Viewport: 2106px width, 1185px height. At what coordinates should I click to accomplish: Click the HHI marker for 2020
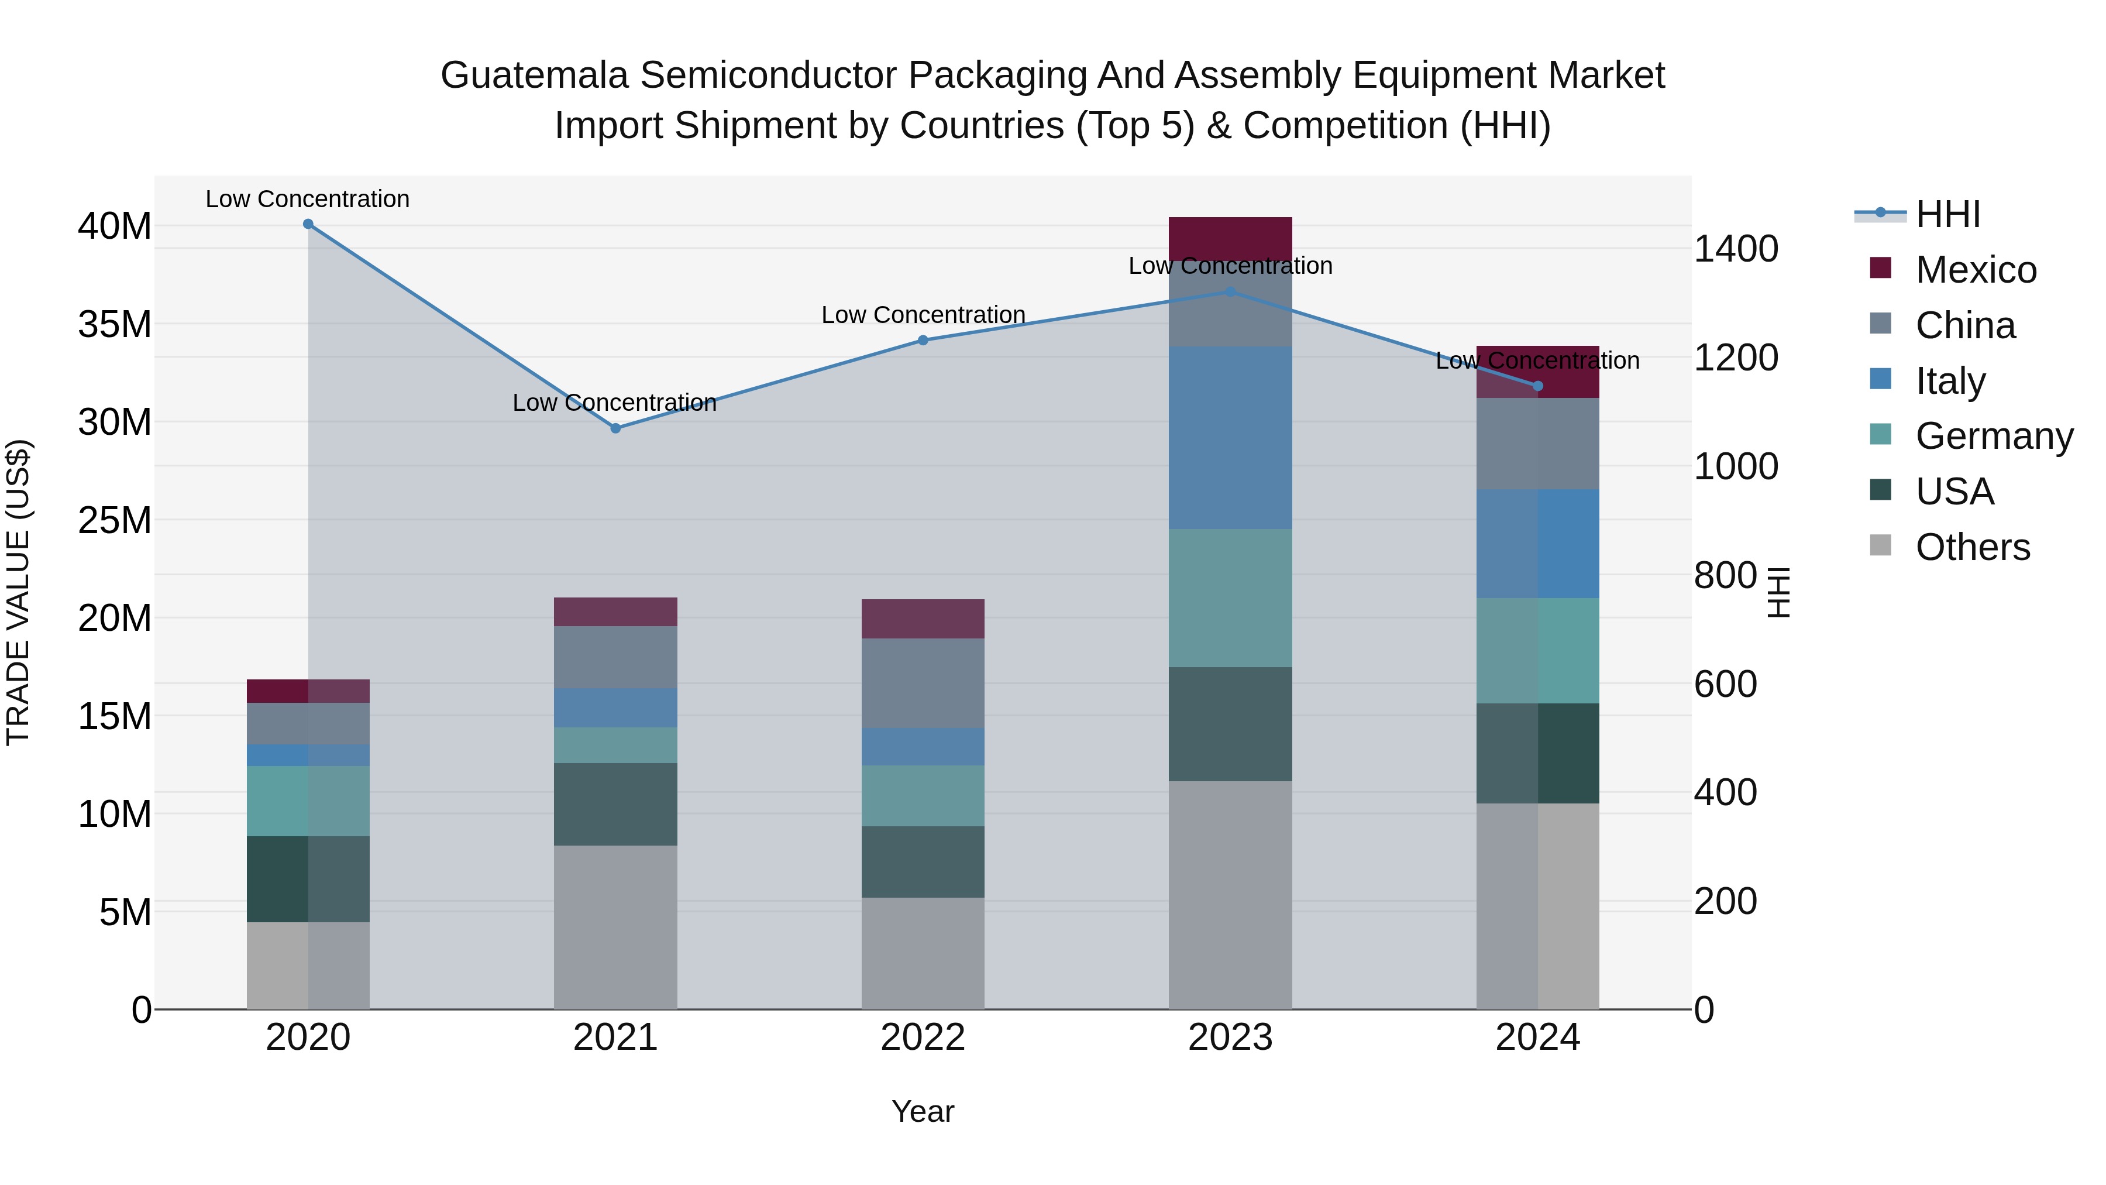click(308, 224)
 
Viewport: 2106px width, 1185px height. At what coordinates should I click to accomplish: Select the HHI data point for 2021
click(615, 428)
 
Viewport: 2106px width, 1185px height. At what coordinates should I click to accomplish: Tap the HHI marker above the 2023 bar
click(1230, 292)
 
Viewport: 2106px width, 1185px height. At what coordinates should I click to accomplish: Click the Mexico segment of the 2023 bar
click(1230, 236)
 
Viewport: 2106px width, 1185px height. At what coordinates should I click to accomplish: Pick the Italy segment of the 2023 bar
click(1230, 438)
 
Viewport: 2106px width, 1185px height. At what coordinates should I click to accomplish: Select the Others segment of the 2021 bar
click(615, 926)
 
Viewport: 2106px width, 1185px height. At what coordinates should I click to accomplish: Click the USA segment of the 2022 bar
click(923, 861)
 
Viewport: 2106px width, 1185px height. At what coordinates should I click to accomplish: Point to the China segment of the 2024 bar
click(1538, 444)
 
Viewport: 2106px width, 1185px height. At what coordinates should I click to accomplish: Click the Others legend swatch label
click(1972, 547)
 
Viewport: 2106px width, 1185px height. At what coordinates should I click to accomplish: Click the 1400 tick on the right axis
click(1736, 249)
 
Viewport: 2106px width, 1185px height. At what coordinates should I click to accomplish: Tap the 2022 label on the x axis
click(923, 1038)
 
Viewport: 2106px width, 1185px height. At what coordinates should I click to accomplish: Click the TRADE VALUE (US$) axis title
click(19, 592)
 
